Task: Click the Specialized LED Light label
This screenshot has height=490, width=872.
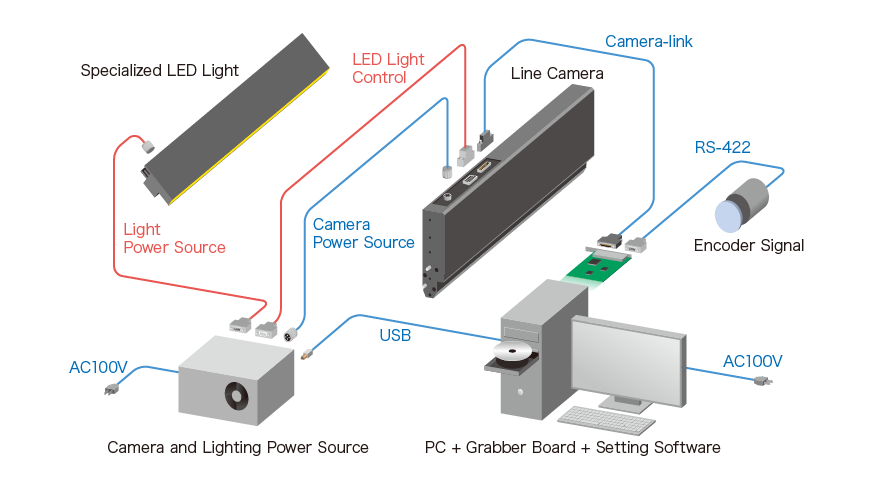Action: [x=159, y=70]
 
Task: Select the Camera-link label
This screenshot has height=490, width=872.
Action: [x=648, y=41]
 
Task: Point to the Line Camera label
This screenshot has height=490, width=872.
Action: [x=557, y=73]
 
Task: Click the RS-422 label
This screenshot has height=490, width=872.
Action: [x=722, y=148]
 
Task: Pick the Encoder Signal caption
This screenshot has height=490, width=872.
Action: [x=749, y=245]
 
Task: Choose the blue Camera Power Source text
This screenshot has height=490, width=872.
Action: [x=363, y=233]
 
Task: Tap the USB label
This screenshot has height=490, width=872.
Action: [x=395, y=335]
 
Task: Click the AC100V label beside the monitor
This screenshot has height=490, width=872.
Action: [x=752, y=361]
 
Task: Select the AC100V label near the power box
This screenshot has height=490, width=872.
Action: [x=98, y=367]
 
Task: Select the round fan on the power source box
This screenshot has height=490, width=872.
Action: [x=236, y=394]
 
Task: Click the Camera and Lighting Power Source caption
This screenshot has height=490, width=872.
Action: [x=238, y=447]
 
